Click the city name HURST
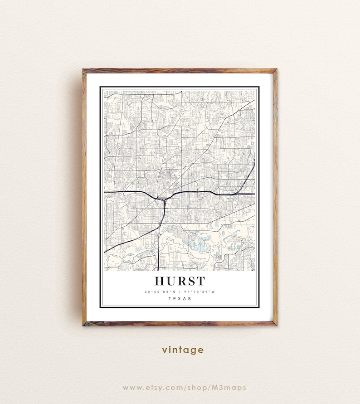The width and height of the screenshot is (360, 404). pos(180,281)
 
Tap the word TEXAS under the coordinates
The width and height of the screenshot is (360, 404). pos(180,298)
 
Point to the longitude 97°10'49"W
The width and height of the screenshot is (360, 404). pos(200,292)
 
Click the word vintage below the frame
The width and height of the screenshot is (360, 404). pos(183,350)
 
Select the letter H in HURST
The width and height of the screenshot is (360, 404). pos(160,281)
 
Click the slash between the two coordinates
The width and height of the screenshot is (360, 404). pos(180,292)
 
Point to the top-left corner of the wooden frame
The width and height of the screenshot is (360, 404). pos(84,70)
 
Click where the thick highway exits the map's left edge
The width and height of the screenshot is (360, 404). pos(105,192)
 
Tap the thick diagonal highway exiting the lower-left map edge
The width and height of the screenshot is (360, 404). pos(106,251)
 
